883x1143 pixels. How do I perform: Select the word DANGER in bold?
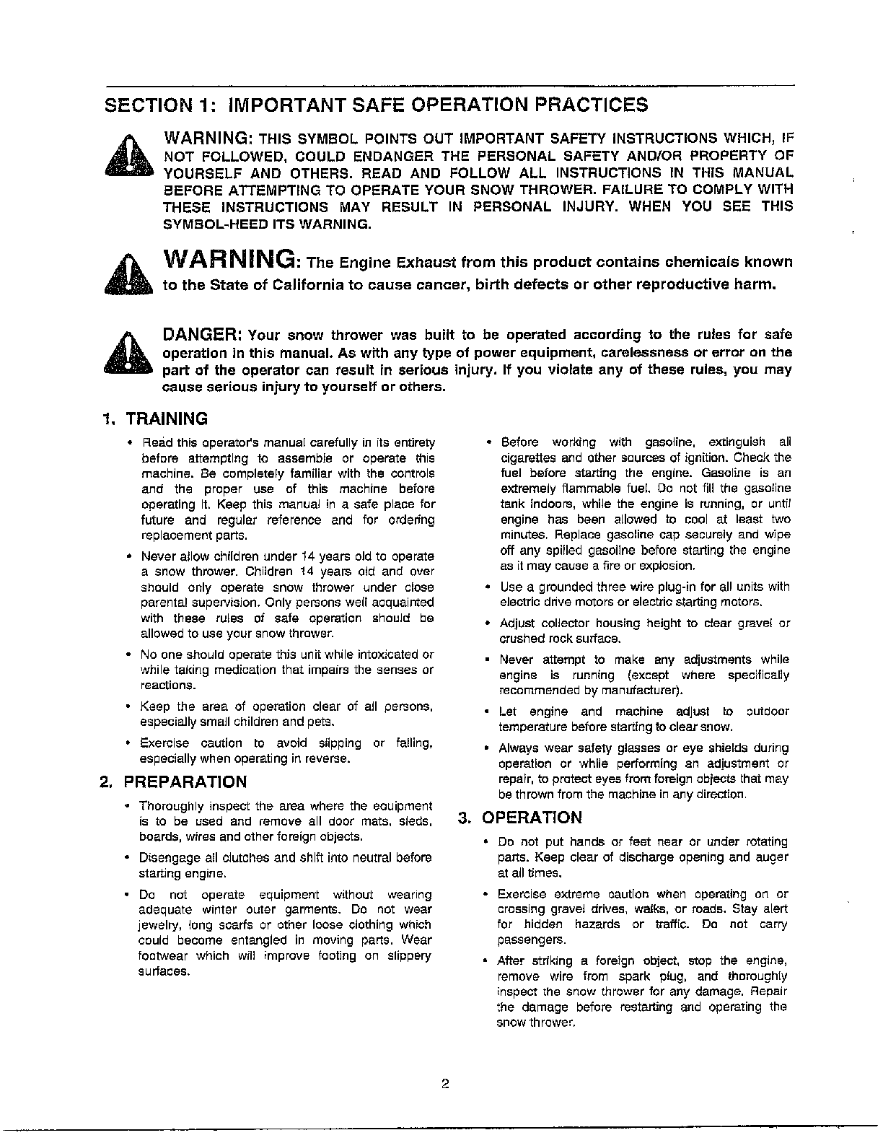[x=202, y=335]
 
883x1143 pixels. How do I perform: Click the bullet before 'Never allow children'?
[x=128, y=557]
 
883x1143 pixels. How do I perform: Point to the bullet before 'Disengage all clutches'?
[x=127, y=858]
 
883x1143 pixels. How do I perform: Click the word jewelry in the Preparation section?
[x=157, y=925]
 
